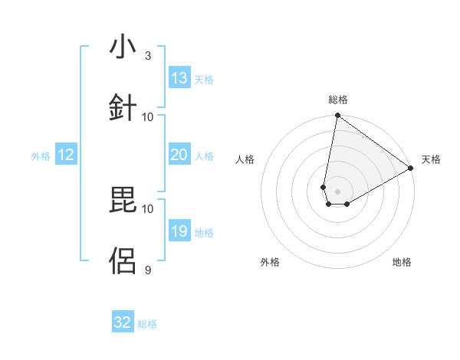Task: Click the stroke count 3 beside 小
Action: tap(148, 56)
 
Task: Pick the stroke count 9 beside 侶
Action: tap(148, 270)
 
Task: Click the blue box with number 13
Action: tap(179, 78)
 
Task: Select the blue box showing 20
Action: tap(179, 155)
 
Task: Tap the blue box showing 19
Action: tap(179, 231)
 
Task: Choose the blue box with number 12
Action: tap(66, 155)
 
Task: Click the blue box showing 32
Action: tap(123, 322)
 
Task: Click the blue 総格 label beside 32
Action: tap(147, 324)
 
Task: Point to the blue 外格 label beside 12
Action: tap(41, 156)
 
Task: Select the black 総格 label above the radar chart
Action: tap(338, 100)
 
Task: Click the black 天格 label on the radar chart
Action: tap(431, 159)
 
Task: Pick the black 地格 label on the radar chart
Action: tap(402, 262)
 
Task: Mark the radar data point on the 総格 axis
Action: tap(337, 116)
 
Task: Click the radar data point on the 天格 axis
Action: tap(411, 169)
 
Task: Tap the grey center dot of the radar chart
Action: tap(338, 191)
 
